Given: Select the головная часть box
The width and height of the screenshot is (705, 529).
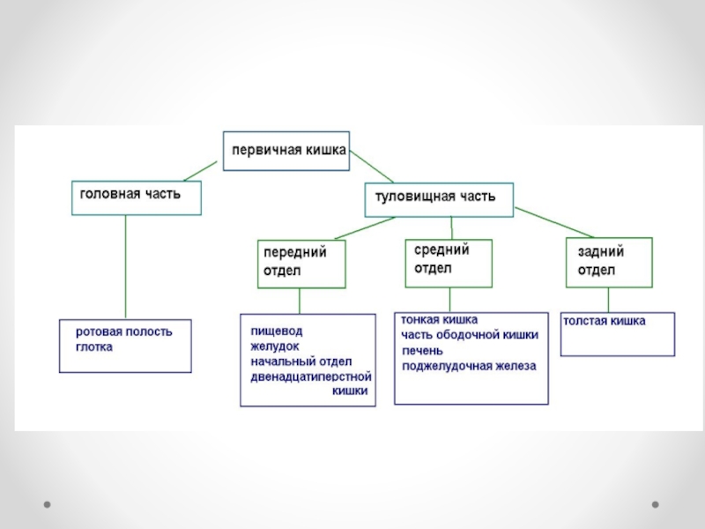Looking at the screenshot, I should point(136,197).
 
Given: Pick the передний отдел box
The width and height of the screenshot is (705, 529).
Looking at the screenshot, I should point(301,263).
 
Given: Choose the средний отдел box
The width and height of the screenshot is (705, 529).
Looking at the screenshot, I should point(449,262).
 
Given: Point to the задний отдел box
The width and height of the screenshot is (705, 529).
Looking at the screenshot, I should point(609,262).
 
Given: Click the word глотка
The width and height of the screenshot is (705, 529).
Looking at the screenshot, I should point(94,347).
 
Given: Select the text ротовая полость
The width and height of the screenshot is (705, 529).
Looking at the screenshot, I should point(123,332).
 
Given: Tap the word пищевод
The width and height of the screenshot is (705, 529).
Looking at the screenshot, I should point(276,331).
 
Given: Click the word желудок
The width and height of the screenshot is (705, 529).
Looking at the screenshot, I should point(275,346).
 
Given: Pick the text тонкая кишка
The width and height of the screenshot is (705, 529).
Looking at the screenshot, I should point(440,321).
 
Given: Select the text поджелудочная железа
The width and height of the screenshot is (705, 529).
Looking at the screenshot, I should point(468,366).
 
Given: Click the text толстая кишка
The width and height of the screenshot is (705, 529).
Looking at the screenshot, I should point(605,321).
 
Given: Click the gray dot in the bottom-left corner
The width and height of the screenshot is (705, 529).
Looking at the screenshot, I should point(48,505).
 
